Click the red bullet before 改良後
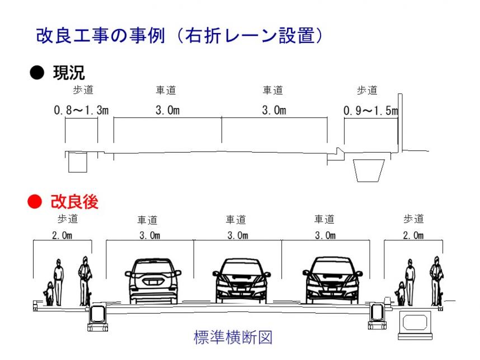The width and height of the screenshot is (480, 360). click(35, 202)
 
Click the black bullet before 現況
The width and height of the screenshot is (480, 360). click(35, 73)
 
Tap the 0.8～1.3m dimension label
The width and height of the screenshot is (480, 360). click(81, 111)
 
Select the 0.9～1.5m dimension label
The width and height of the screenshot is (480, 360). click(370, 111)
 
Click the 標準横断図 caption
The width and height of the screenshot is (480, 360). click(233, 338)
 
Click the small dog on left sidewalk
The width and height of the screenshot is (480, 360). click(49, 294)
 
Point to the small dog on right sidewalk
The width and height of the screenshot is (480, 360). click(401, 294)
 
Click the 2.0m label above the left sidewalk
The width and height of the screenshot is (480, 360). click(62, 235)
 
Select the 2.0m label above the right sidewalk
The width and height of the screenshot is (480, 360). click(413, 235)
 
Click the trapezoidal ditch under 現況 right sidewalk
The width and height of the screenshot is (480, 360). click(369, 170)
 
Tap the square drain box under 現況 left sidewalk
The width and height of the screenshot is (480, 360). click(76, 163)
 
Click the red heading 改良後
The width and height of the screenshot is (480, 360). click(74, 202)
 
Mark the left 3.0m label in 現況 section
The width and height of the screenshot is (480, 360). click(167, 111)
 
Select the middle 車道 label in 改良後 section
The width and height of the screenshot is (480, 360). click(236, 220)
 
